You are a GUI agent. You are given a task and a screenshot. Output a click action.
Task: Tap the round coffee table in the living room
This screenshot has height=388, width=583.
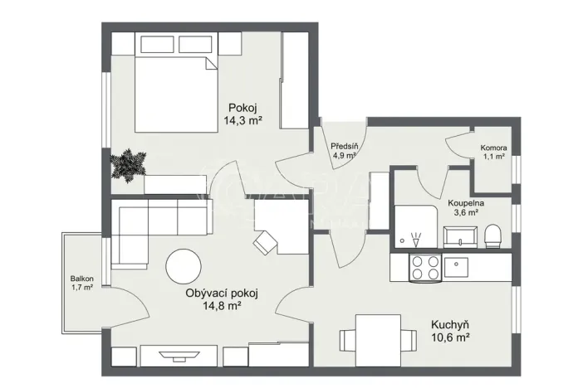click(x=184, y=268)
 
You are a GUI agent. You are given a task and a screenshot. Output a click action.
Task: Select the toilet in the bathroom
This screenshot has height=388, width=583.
click(x=492, y=236)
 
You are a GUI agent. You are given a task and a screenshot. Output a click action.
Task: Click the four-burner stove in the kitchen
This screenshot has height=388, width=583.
click(x=425, y=267)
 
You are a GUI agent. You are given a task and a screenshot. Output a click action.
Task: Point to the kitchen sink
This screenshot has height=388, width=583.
click(x=456, y=267)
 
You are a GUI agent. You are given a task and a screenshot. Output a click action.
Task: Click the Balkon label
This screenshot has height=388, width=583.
click(x=82, y=279)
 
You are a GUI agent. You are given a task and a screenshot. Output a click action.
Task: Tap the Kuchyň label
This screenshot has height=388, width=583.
click(x=451, y=324)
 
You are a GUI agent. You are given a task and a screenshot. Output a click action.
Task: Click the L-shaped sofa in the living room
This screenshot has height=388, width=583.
click(x=149, y=228)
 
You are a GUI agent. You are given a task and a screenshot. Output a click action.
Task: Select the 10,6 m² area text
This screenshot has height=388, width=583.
click(x=451, y=337)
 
